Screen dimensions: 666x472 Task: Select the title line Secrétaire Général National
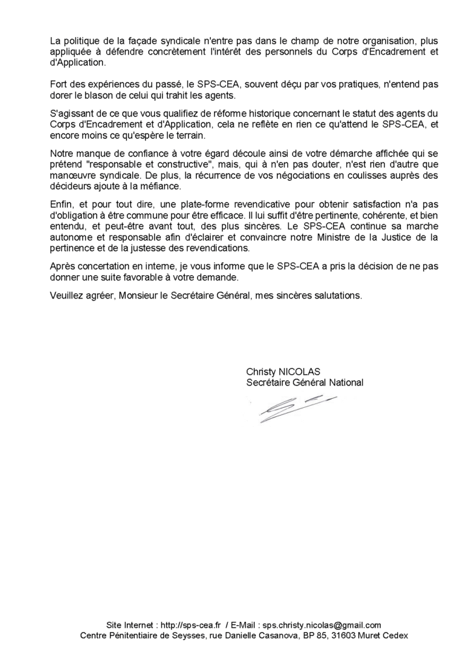(x=304, y=382)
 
